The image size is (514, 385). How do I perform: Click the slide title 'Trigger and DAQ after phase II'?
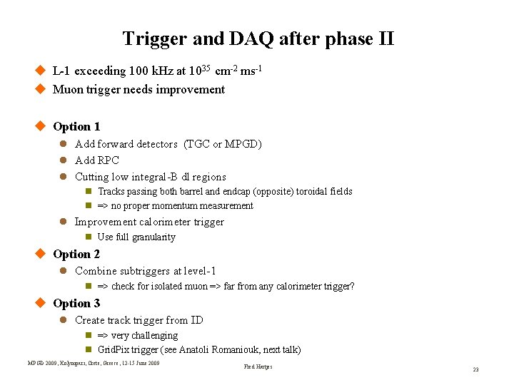258,38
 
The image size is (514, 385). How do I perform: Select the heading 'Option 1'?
76,127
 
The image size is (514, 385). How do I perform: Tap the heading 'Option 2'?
76,255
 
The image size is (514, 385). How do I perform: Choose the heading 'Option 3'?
76,304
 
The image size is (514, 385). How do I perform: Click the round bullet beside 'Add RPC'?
63,160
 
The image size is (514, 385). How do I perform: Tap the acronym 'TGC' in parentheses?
198,144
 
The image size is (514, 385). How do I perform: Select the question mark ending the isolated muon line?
352,287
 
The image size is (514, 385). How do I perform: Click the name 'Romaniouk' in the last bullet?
243,350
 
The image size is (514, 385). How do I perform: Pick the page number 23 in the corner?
475,369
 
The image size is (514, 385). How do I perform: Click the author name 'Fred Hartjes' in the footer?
258,367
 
